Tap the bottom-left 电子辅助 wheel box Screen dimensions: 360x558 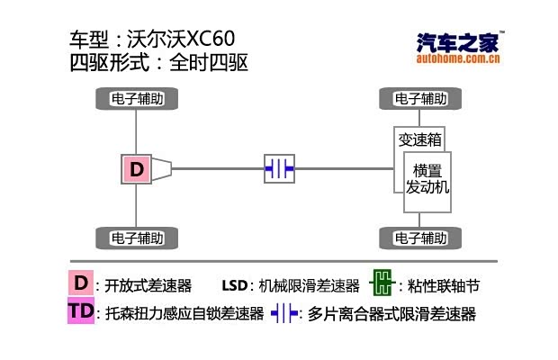pyautogui.click(x=137, y=238)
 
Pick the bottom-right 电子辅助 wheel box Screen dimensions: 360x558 pyautogui.click(x=420, y=238)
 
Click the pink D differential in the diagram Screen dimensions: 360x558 pyautogui.click(x=136, y=168)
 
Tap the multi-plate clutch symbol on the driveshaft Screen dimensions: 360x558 pyautogui.click(x=279, y=168)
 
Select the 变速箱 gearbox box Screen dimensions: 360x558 pyautogui.click(x=419, y=139)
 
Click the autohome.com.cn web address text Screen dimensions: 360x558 pyautogui.click(x=459, y=59)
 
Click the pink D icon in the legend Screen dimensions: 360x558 pyautogui.click(x=81, y=283)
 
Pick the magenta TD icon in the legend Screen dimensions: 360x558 pyautogui.click(x=80, y=312)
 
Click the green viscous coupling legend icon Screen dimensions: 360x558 pyautogui.click(x=382, y=284)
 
